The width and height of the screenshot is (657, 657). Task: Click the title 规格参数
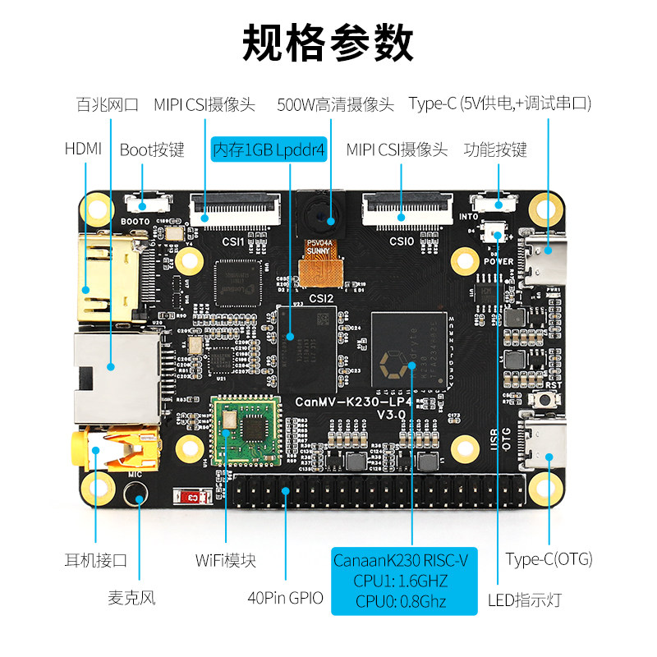[x=328, y=43]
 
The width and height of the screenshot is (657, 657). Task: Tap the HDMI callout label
[x=83, y=149]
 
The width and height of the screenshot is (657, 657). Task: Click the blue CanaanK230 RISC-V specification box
[x=404, y=581]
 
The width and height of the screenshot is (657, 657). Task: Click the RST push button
[x=543, y=400]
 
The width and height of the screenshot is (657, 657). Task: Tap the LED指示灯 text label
[x=526, y=600]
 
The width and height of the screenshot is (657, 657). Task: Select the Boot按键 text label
[x=152, y=149]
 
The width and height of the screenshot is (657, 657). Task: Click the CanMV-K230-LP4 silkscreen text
[x=359, y=402]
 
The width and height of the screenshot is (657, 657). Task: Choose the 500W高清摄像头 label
[x=335, y=104]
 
